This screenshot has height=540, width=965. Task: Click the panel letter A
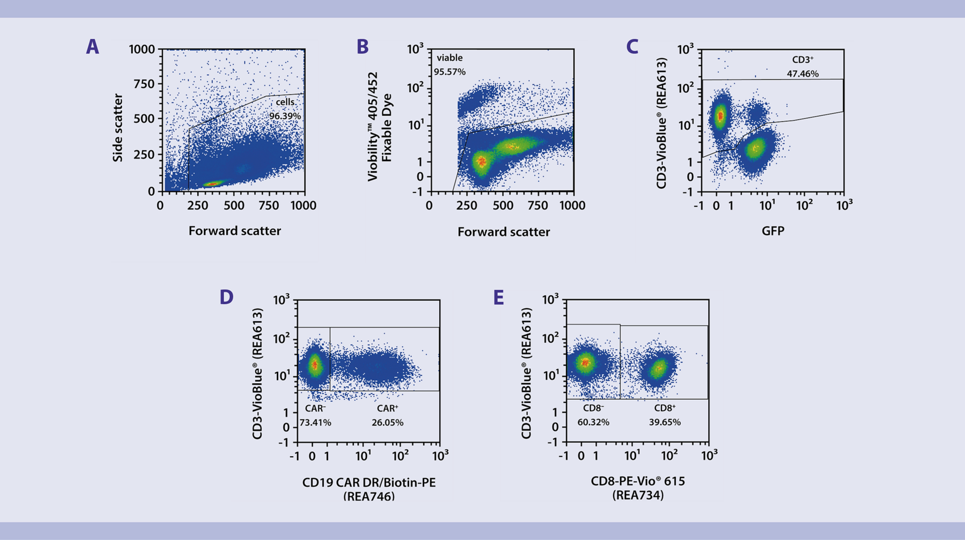pos(92,47)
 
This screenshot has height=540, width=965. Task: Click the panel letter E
pos(498,298)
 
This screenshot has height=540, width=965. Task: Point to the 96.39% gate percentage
pos(285,116)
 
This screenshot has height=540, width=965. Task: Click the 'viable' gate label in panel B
pos(449,58)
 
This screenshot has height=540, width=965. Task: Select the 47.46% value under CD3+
pos(803,74)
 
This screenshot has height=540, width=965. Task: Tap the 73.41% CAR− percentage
pos(315,422)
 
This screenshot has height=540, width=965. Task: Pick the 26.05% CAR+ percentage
pos(387,422)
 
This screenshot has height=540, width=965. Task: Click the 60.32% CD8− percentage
pos(593,422)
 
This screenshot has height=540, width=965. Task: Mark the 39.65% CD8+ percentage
pos(665,422)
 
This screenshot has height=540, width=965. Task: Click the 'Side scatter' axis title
pos(117,128)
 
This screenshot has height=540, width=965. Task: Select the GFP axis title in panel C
pos(773,231)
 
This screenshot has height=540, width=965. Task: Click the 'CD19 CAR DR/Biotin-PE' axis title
pos(369,483)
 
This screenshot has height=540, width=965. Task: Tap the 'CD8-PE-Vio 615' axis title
pos(638,481)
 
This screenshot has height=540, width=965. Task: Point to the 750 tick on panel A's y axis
pos(144,84)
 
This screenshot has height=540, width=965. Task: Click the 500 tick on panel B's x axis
pos(503,205)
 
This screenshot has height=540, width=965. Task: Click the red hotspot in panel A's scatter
pos(212,184)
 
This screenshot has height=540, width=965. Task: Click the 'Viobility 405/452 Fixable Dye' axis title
pos(379,127)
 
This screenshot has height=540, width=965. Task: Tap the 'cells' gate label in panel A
pos(285,102)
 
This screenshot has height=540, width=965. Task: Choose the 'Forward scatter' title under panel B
pos(504,232)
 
